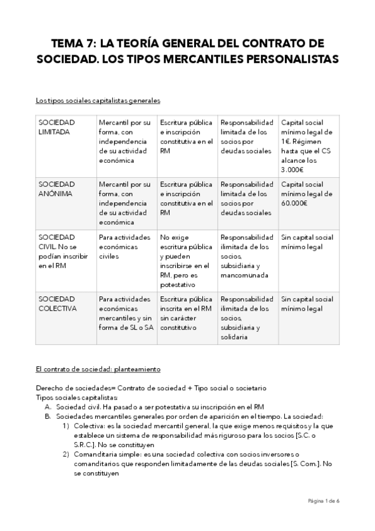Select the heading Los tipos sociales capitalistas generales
click(x=98, y=100)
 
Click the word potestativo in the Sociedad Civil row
click(x=179, y=284)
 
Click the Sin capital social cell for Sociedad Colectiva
click(x=307, y=304)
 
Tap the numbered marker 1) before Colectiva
click(x=66, y=426)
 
